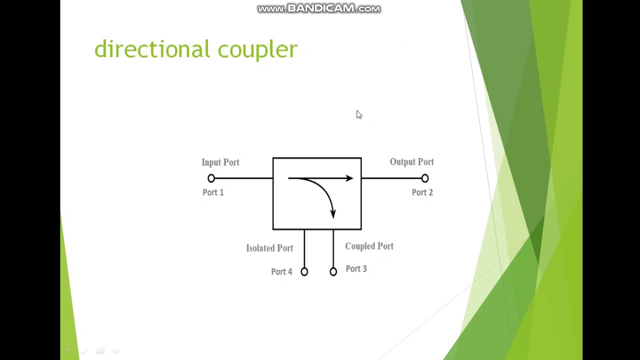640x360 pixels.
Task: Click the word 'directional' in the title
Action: tap(152, 49)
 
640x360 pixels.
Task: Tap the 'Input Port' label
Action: tap(220, 162)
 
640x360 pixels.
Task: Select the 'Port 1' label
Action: tap(213, 192)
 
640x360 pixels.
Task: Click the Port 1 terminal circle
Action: tap(211, 178)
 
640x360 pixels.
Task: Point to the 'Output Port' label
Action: tap(411, 162)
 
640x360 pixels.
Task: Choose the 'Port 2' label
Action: tap(422, 192)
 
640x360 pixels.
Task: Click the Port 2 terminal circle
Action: tap(425, 178)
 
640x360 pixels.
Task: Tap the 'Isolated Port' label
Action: tap(269, 248)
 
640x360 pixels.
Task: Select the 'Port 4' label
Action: tap(281, 272)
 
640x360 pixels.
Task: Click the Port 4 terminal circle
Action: tap(304, 271)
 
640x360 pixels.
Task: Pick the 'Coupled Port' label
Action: tap(369, 246)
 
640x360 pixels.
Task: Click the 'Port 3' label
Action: tap(356, 269)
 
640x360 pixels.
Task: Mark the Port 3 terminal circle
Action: tap(333, 271)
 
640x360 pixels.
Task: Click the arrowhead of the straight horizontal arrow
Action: tap(349, 178)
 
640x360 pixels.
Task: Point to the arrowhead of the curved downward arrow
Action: tap(333, 214)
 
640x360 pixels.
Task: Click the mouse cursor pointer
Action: tap(359, 115)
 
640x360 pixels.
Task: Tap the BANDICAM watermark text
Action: tap(319, 8)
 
